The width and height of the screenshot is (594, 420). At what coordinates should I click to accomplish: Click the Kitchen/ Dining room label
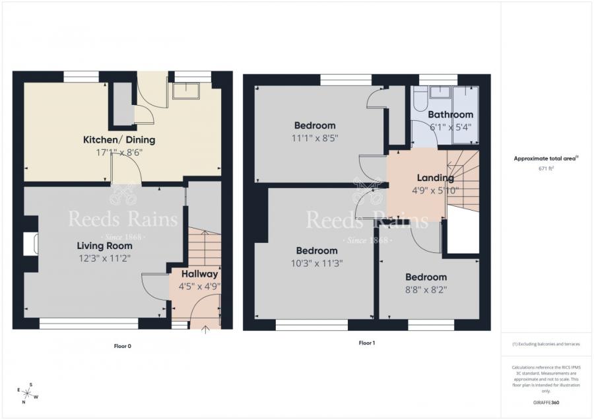click(119, 139)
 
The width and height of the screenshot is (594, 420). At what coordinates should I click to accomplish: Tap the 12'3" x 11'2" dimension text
click(103, 258)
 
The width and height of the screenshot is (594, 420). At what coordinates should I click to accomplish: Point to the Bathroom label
click(451, 115)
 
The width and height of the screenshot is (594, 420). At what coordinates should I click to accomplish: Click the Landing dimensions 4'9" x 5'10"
click(435, 191)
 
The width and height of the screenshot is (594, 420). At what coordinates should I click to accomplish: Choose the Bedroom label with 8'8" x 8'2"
click(426, 277)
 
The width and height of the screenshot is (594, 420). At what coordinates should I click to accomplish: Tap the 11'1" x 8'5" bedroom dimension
click(315, 139)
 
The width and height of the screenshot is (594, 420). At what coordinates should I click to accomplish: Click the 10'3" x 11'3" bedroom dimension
click(317, 263)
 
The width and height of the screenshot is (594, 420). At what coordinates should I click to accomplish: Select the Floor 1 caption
click(366, 343)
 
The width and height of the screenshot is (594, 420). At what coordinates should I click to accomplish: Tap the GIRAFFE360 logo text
click(546, 402)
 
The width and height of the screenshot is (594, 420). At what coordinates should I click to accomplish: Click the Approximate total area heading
click(546, 158)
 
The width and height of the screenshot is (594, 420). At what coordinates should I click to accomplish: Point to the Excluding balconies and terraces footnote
click(546, 344)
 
